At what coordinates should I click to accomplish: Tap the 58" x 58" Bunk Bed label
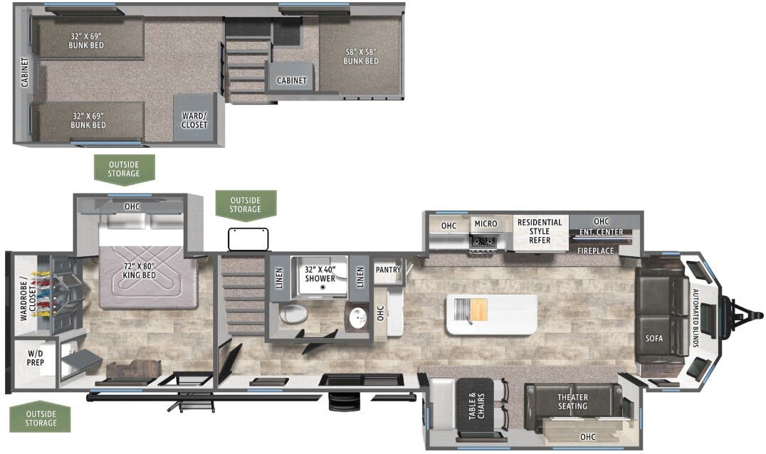pyautogui.click(x=360, y=56)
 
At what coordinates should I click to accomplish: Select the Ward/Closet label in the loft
pyautogui.click(x=194, y=120)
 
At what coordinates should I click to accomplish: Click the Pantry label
pyautogui.click(x=388, y=270)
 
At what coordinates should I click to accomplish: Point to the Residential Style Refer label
pyautogui.click(x=540, y=231)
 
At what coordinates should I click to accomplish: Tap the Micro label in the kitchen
pyautogui.click(x=486, y=224)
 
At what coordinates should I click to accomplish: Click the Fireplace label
pyautogui.click(x=595, y=251)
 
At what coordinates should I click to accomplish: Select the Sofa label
pyautogui.click(x=654, y=339)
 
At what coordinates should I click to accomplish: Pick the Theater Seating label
pyautogui.click(x=572, y=402)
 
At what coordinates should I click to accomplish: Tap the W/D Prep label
pyautogui.click(x=36, y=358)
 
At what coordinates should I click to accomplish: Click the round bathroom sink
pyautogui.click(x=356, y=316)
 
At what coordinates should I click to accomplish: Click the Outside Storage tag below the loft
pyautogui.click(x=123, y=169)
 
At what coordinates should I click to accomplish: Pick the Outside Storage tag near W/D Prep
pyautogui.click(x=41, y=418)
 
